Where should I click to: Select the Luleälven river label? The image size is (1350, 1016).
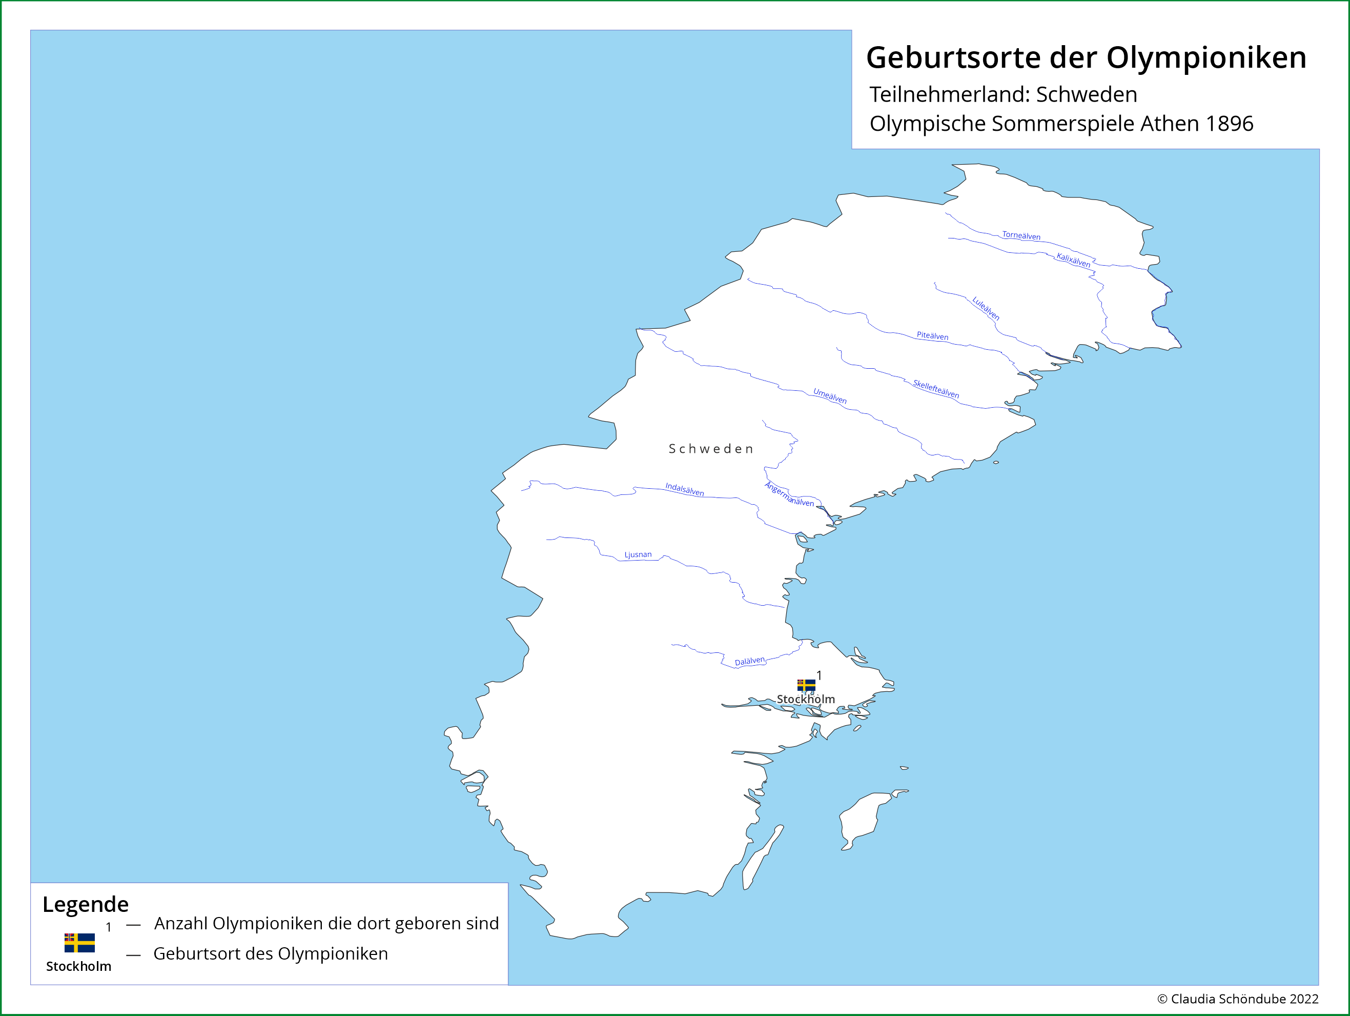point(986,308)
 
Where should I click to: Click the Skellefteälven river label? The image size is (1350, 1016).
point(935,389)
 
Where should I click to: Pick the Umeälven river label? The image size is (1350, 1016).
point(829,395)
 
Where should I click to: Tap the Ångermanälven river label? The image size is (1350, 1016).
point(789,494)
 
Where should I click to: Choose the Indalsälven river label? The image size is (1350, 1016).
point(684,490)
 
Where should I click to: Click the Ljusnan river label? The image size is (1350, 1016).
point(638,554)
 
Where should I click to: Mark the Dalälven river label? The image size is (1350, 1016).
point(749,661)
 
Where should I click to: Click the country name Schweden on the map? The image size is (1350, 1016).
point(711,449)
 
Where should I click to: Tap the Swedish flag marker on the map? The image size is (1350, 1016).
point(806,685)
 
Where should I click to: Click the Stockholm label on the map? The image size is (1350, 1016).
point(806,699)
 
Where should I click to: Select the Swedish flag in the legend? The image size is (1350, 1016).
point(79,943)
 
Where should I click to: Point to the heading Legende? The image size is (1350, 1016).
point(86,904)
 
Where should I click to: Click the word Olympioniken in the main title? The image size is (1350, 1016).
point(1206,58)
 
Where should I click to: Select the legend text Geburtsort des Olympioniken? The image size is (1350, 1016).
point(271,954)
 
